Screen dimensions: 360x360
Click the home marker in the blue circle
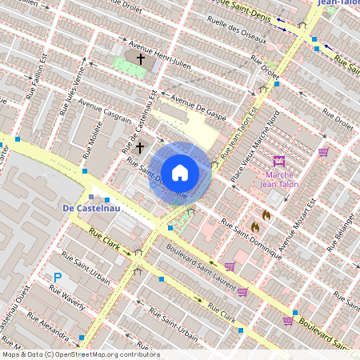click(x=180, y=171)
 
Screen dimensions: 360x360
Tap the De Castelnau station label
click(x=90, y=209)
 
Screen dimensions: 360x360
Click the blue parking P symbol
click(x=57, y=278)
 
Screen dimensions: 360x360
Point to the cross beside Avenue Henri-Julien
click(x=141, y=59)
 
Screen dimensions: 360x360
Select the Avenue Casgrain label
click(x=105, y=118)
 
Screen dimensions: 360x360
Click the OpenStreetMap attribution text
click(x=80, y=354)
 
